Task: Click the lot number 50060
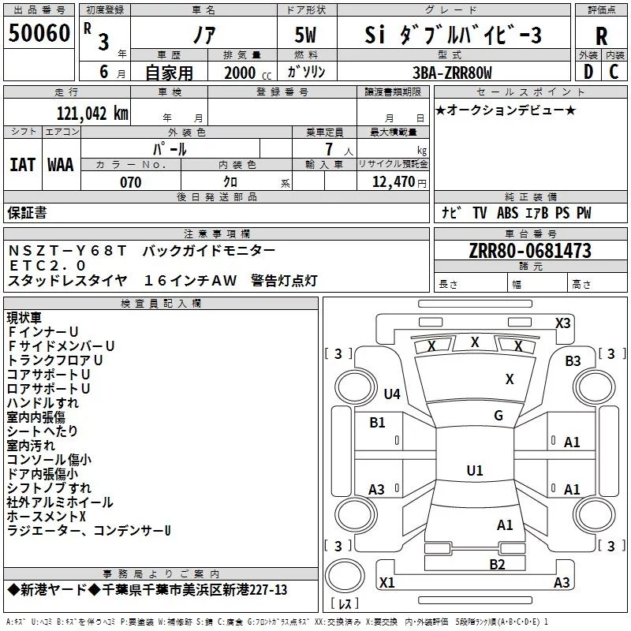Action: pyautogui.click(x=39, y=34)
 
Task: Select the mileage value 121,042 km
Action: pyautogui.click(x=91, y=113)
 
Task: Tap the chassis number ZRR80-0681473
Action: pyautogui.click(x=529, y=251)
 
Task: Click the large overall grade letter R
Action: pyautogui.click(x=601, y=35)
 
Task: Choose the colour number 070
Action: pyautogui.click(x=131, y=182)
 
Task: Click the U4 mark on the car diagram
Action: pyautogui.click(x=392, y=394)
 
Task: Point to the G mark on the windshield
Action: pyautogui.click(x=498, y=416)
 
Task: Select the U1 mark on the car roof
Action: pyautogui.click(x=474, y=471)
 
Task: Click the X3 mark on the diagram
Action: pyautogui.click(x=562, y=323)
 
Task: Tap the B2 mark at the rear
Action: pyautogui.click(x=497, y=564)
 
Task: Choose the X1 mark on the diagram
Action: pyautogui.click(x=387, y=583)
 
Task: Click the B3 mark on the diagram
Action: pyautogui.click(x=573, y=361)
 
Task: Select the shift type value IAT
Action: pyautogui.click(x=22, y=165)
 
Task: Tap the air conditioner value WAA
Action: pyautogui.click(x=61, y=165)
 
